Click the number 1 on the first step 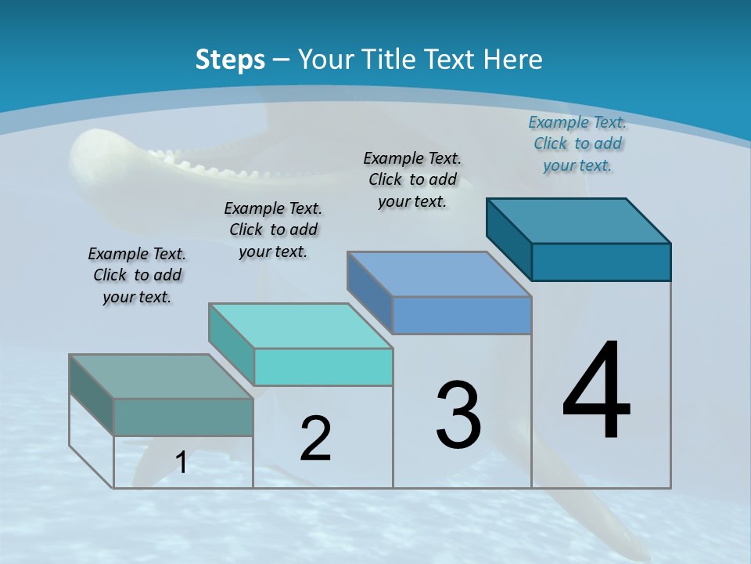[181, 463]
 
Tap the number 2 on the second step [315, 439]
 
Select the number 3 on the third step [458, 415]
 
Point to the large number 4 [596, 392]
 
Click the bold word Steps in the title [230, 59]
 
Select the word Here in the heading [514, 59]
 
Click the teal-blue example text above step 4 [577, 143]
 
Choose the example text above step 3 [412, 179]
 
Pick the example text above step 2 [273, 230]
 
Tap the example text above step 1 [137, 275]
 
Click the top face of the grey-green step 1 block [160, 377]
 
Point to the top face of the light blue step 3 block [439, 274]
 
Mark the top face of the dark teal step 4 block [579, 221]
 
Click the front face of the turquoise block [323, 367]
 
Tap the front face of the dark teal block [601, 262]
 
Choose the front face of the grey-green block [183, 417]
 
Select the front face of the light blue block [462, 315]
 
